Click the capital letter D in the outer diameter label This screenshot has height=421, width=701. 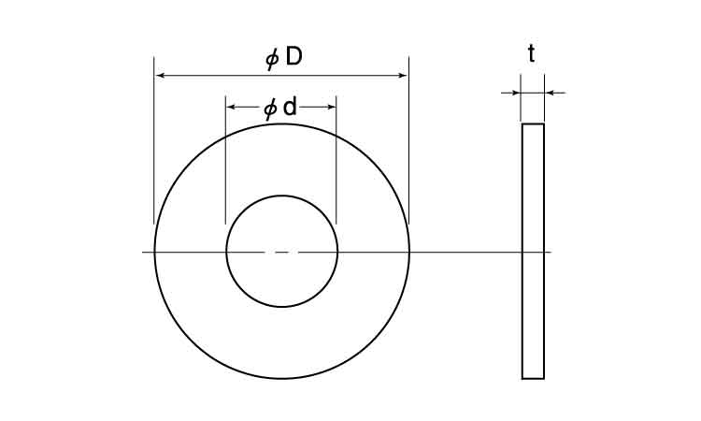coord(293,57)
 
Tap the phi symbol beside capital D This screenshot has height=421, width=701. coord(272,59)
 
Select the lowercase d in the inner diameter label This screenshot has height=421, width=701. coord(290,107)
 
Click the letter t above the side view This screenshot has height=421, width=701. coord(532,53)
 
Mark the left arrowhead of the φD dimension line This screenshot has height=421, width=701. coord(160,76)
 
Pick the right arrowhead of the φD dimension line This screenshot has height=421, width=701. coord(403,76)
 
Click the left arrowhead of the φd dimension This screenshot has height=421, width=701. coord(231,107)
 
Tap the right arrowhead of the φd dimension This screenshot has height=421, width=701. coord(330,107)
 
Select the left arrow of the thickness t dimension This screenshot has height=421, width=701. coord(510,93)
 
